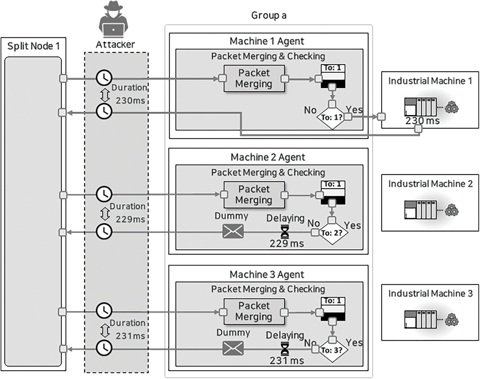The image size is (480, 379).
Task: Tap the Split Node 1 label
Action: pyautogui.click(x=33, y=46)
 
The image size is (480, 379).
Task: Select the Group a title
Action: pyautogui.click(x=269, y=15)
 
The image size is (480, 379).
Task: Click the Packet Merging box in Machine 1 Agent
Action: pyautogui.click(x=254, y=78)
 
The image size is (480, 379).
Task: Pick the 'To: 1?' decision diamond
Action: pyautogui.click(x=332, y=117)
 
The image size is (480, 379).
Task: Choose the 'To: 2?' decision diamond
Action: pyautogui.click(x=332, y=233)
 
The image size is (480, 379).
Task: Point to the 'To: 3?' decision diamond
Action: pyautogui.click(x=332, y=350)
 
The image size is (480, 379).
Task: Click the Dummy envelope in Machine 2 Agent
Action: pyautogui.click(x=233, y=231)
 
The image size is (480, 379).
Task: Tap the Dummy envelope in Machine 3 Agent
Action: pyautogui.click(x=233, y=348)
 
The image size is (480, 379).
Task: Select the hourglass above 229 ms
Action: pyautogui.click(x=285, y=232)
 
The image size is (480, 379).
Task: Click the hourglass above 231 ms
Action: pyautogui.click(x=285, y=349)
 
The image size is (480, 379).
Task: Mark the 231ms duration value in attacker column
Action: pyautogui.click(x=130, y=336)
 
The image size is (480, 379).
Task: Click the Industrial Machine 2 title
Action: pyautogui.click(x=430, y=184)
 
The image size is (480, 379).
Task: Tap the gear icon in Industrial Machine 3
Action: pyautogui.click(x=452, y=321)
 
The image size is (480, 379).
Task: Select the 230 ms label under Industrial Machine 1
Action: pyautogui.click(x=423, y=121)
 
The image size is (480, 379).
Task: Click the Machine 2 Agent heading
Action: pyautogui.click(x=268, y=157)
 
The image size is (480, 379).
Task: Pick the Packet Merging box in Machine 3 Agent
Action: pyautogui.click(x=254, y=311)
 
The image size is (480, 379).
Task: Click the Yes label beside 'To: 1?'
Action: pyautogui.click(x=354, y=109)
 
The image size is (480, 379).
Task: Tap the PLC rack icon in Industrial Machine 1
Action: pyautogui.click(x=420, y=107)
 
